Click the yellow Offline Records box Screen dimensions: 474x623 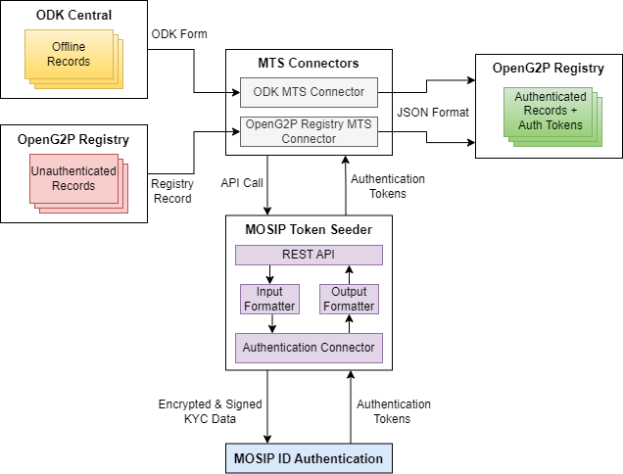[x=69, y=55]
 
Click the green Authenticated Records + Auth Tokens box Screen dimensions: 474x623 [x=550, y=111]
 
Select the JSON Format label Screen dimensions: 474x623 [x=432, y=113]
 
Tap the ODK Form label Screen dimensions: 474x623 [x=180, y=33]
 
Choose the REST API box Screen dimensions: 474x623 [x=309, y=255]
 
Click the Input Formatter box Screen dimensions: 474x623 [x=269, y=299]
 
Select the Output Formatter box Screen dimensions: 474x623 [x=349, y=299]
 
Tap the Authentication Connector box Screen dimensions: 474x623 [x=309, y=347]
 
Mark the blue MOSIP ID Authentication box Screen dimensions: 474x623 [x=309, y=458]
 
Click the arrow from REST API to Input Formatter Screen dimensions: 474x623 [x=269, y=274]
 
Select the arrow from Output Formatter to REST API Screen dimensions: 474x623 [x=349, y=274]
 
